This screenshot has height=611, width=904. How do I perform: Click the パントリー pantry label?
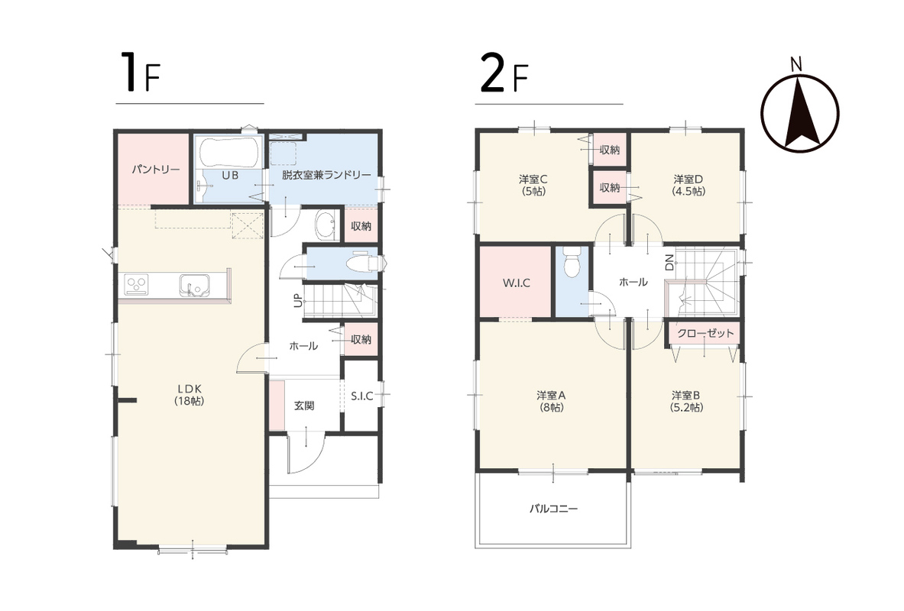[x=156, y=170]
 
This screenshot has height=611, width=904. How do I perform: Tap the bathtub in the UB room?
[x=228, y=152]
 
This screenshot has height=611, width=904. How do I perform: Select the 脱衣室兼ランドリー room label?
[x=326, y=175]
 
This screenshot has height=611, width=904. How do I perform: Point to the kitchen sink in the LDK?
[x=194, y=285]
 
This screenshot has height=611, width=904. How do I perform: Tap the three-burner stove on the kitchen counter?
[x=137, y=285]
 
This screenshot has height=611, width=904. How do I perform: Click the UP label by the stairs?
[x=297, y=300]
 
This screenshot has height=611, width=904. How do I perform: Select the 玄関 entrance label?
[x=304, y=406]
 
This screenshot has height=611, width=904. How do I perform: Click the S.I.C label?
[x=361, y=396]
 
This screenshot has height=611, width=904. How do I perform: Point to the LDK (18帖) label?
[x=189, y=394]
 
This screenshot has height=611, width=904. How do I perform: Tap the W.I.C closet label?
[x=516, y=283]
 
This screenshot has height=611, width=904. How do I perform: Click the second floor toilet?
[x=572, y=262]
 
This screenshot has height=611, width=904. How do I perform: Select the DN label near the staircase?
[x=669, y=262]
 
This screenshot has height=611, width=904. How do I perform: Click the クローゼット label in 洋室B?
[x=705, y=333]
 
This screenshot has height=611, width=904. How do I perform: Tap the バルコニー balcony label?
[x=553, y=509]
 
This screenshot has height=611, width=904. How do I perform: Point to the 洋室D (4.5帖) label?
[x=689, y=185]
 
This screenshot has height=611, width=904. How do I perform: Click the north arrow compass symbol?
[x=799, y=113]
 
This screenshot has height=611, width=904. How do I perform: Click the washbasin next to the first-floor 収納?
[x=326, y=225]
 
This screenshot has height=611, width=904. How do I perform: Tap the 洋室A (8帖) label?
[x=551, y=401]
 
